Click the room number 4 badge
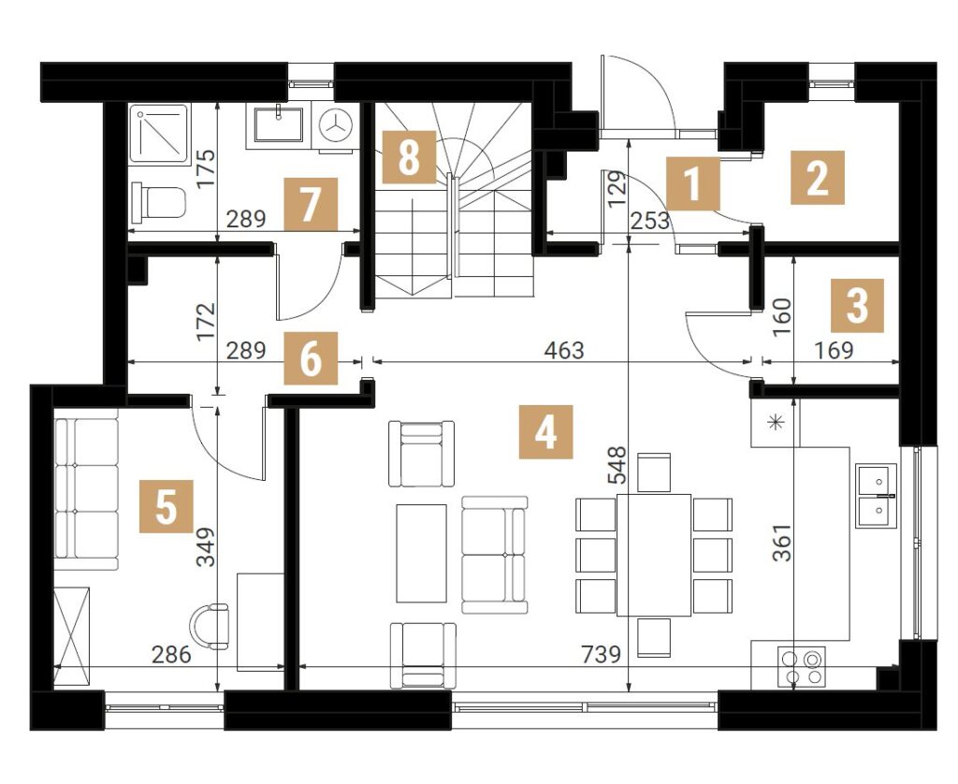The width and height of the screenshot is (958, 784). (x=545, y=431)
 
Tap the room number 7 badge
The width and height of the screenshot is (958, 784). (x=311, y=204)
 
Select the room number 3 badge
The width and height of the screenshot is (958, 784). (x=857, y=306)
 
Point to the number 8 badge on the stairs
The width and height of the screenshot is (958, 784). (x=409, y=157)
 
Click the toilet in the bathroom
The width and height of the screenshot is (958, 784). (x=158, y=201)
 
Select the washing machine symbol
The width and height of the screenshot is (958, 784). (x=336, y=125)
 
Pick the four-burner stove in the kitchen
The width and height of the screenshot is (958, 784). (x=801, y=665)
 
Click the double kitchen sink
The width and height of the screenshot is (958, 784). (x=876, y=495)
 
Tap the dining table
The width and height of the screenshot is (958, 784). (x=654, y=554)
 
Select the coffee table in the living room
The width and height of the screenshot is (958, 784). (x=422, y=553)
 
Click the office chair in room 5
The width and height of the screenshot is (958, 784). (x=210, y=626)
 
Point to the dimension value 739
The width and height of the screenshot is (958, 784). (x=601, y=655)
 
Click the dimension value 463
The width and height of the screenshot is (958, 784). (x=564, y=351)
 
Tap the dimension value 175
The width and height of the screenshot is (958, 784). (x=206, y=168)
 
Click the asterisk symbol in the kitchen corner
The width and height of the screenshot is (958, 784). (x=776, y=422)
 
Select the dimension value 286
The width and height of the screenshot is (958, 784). (x=171, y=655)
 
